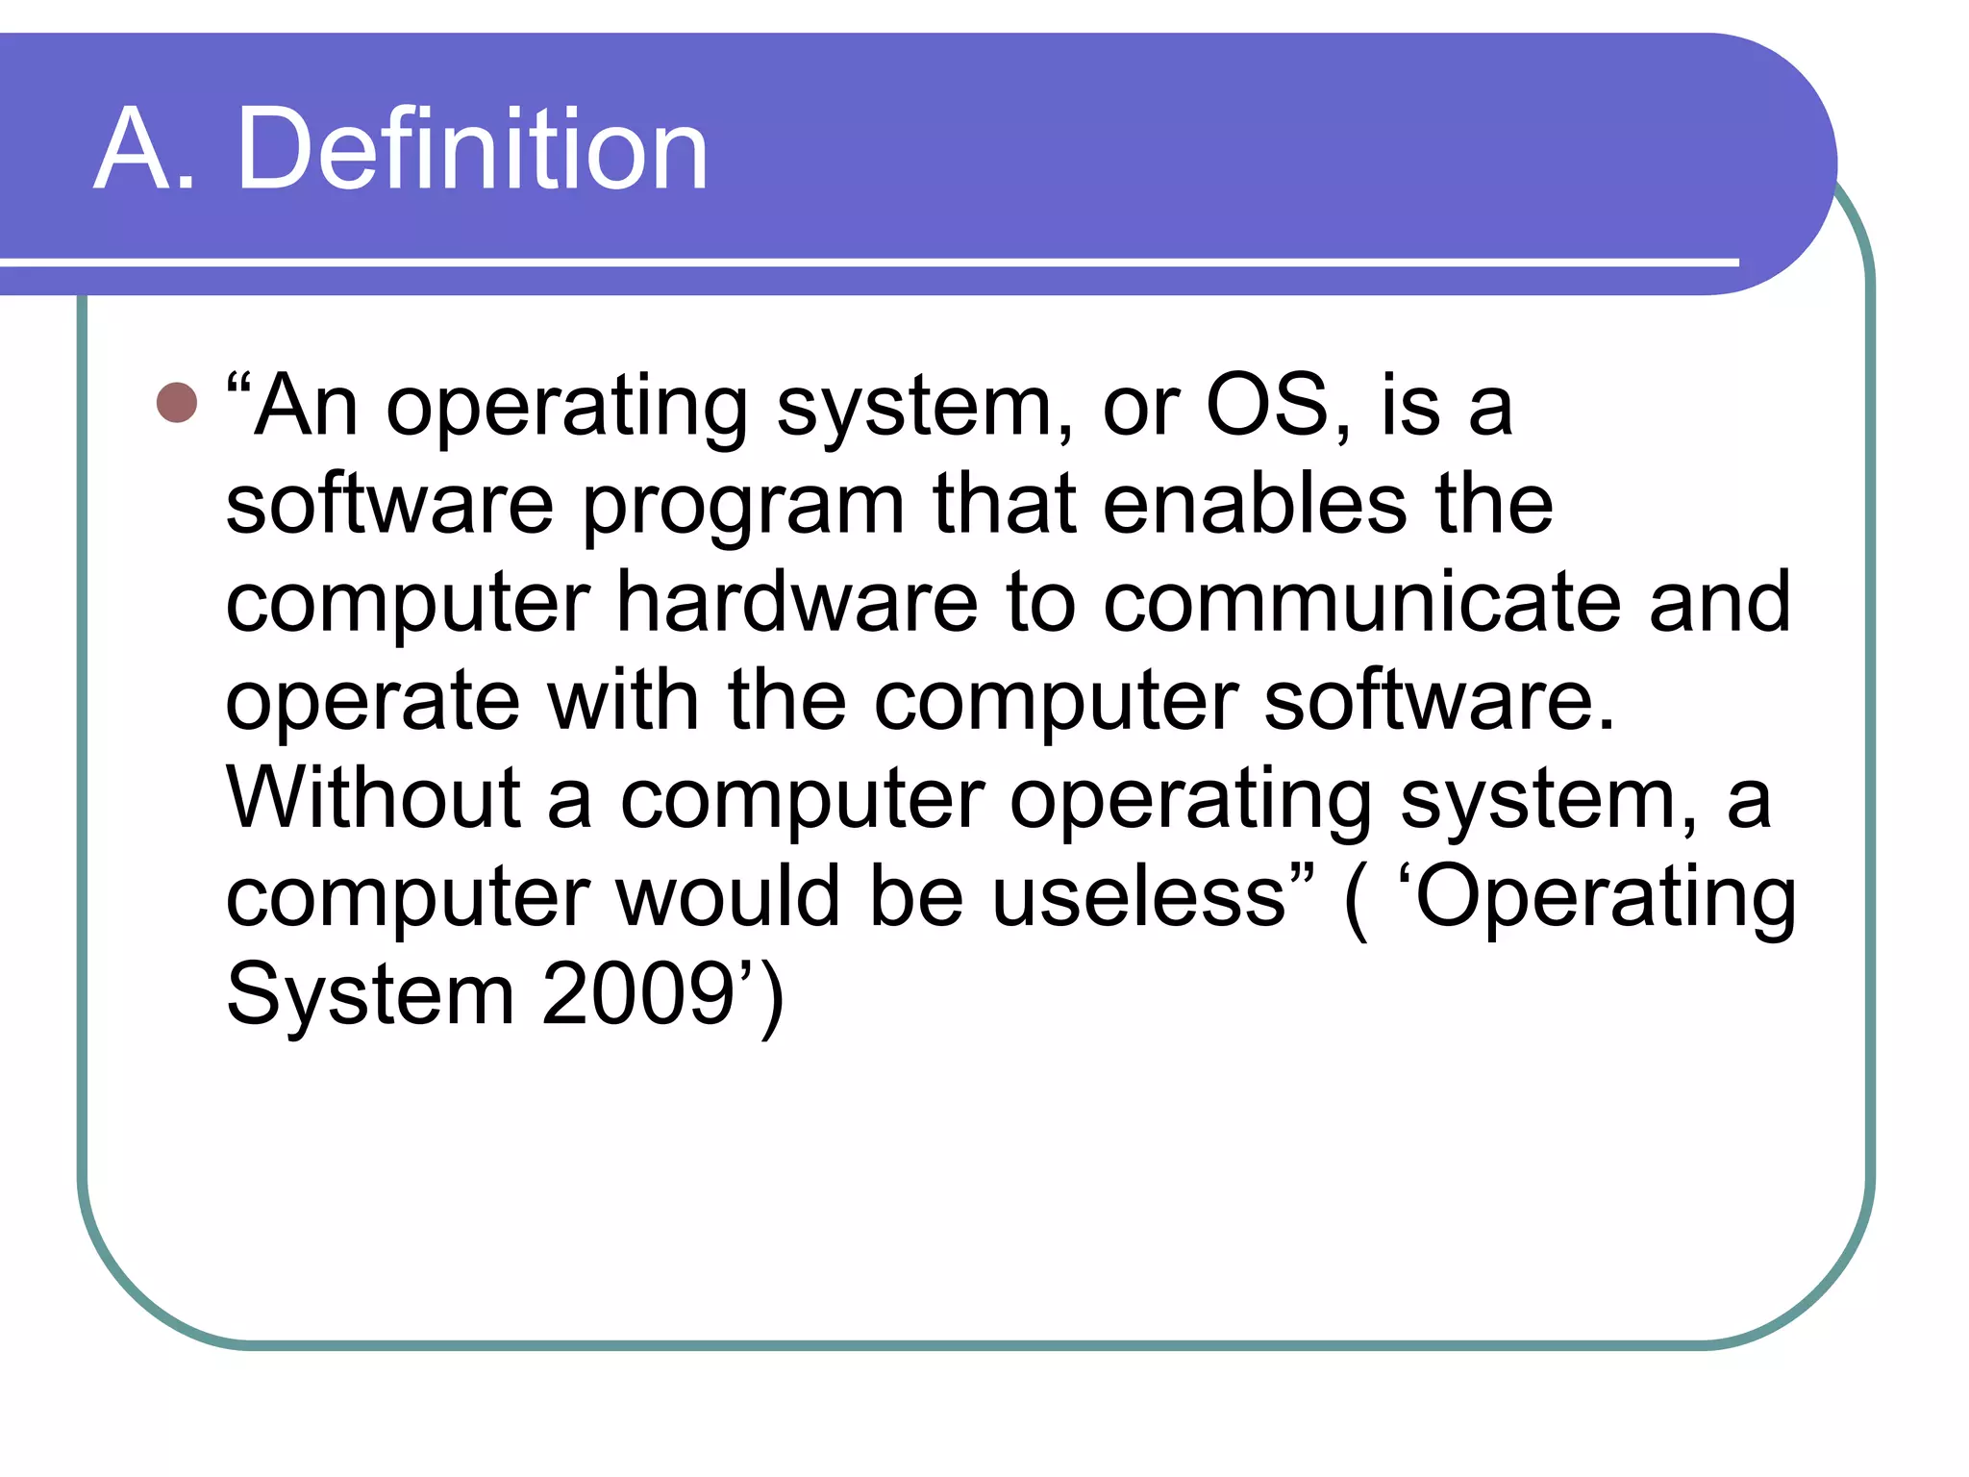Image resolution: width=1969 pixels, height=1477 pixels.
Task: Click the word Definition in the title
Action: [472, 150]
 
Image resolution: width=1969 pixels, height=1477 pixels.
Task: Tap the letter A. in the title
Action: [144, 150]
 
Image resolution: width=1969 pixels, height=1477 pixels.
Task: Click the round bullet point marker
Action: [177, 403]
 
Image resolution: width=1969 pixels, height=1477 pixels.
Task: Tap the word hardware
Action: [797, 602]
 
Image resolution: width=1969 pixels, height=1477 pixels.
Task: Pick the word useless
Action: [1138, 896]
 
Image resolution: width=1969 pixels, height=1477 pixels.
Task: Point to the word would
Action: [729, 896]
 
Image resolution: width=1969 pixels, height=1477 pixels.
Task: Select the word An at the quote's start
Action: [307, 406]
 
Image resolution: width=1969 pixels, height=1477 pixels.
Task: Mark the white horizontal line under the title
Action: [865, 262]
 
